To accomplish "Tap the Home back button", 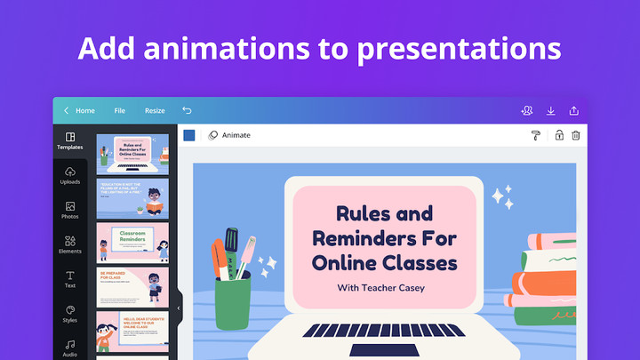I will coord(79,110).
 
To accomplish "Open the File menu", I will coord(120,110).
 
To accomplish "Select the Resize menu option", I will coord(155,110).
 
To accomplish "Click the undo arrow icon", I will coord(187,110).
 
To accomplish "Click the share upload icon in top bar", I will coord(574,110).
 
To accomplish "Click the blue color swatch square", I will coord(189,135).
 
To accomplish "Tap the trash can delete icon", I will coord(575,135).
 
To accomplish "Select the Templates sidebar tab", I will coord(70,140).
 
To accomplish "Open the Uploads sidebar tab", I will coord(70,175).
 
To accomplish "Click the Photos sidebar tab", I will coord(70,210).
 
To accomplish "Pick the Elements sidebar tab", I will coord(70,244).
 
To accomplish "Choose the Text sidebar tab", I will coord(70,279).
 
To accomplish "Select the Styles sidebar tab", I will coord(70,314).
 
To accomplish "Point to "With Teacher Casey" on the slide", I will coord(381,287).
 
